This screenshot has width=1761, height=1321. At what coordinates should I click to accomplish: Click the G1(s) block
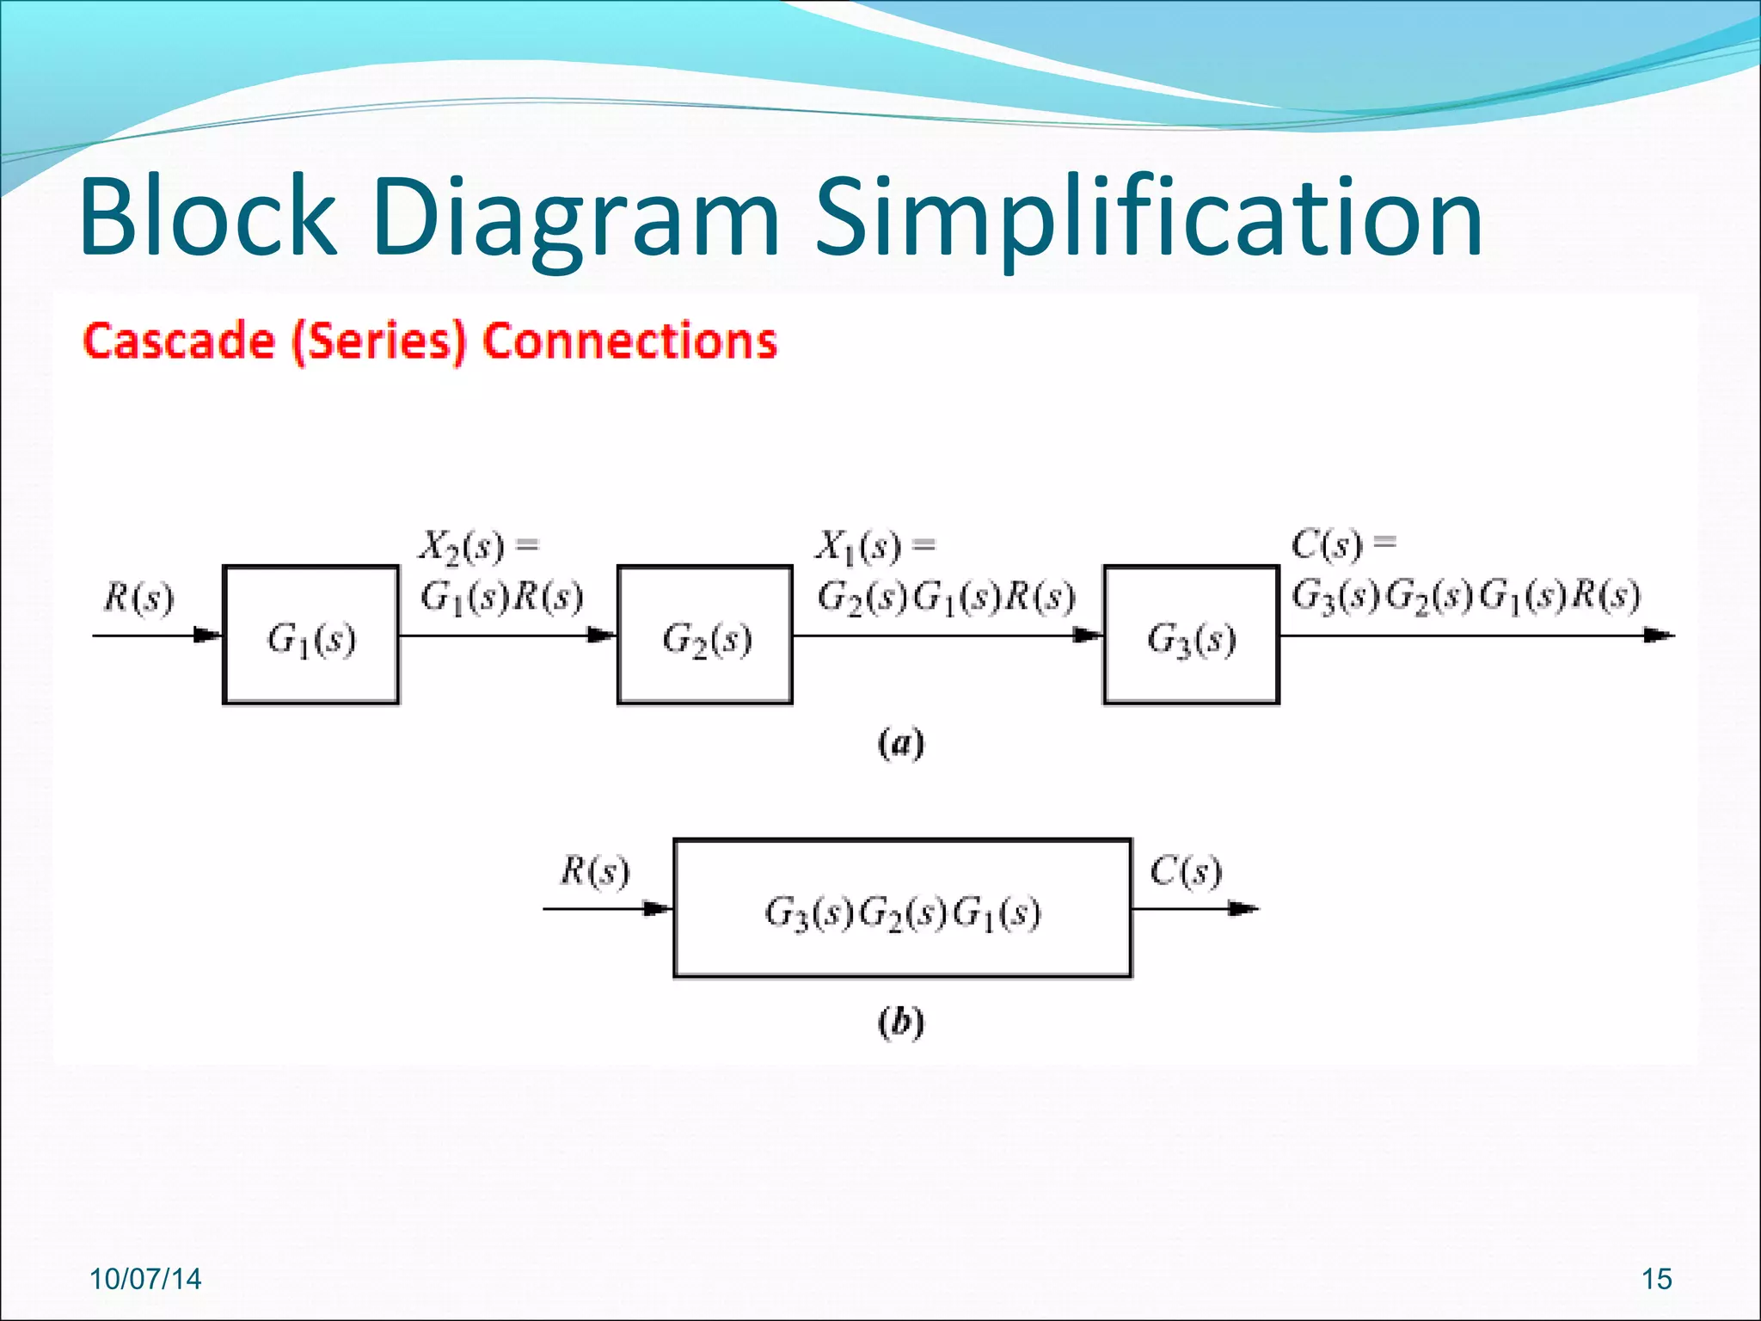(x=310, y=635)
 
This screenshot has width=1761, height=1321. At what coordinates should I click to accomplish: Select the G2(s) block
(x=705, y=635)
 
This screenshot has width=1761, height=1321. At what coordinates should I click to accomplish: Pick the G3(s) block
(x=1191, y=635)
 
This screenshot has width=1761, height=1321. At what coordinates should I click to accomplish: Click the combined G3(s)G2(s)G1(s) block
(x=902, y=908)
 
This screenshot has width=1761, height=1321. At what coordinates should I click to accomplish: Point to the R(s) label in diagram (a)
(x=138, y=597)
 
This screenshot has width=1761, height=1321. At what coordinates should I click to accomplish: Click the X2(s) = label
(x=478, y=545)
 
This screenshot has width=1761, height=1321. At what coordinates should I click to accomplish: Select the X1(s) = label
(x=874, y=545)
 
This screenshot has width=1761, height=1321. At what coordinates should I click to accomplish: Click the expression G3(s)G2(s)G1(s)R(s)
(x=1465, y=595)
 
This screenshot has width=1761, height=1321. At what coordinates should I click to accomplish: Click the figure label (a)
(x=900, y=743)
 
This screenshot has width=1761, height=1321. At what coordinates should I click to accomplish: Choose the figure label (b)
(x=900, y=1022)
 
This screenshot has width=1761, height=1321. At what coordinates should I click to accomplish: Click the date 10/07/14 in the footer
(x=145, y=1279)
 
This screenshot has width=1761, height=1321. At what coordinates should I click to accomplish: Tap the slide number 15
(x=1656, y=1279)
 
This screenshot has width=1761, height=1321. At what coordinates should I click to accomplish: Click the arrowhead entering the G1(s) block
(x=208, y=636)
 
